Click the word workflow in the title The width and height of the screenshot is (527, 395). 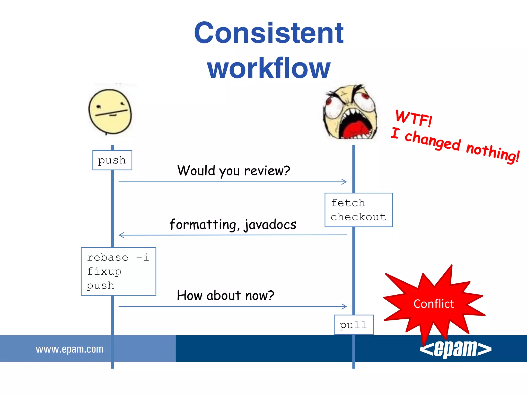(269, 68)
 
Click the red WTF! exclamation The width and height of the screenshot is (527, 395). (414, 118)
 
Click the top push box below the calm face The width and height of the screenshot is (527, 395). (112, 160)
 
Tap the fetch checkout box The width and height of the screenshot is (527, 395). (358, 210)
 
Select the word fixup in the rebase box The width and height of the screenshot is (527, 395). (104, 271)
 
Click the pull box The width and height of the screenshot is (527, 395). (353, 325)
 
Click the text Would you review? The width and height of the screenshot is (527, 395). (233, 170)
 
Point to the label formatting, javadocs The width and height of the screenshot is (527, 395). (233, 224)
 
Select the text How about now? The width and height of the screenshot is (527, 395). (225, 295)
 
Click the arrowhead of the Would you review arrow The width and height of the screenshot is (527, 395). (345, 182)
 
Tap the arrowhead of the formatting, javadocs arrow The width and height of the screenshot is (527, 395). (121, 235)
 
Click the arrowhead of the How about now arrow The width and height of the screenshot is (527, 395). (345, 306)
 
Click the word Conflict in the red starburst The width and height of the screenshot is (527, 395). (434, 304)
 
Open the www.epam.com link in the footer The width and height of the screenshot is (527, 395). (70, 349)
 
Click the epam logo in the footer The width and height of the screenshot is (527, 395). (455, 349)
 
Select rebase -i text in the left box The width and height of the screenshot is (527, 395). (118, 257)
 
